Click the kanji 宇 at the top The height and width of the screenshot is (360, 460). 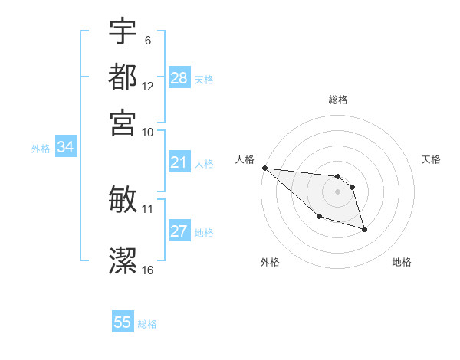pyautogui.click(x=123, y=32)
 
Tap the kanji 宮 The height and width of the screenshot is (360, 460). pyautogui.click(x=123, y=123)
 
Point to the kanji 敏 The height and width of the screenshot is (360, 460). pyautogui.click(x=123, y=199)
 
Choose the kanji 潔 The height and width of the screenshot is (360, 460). pyautogui.click(x=123, y=260)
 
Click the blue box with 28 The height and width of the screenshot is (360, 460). pyautogui.click(x=179, y=78)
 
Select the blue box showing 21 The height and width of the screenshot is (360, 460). pyautogui.click(x=179, y=162)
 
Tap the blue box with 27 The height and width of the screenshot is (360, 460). pyautogui.click(x=179, y=231)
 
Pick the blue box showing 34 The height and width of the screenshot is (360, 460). pyautogui.click(x=65, y=148)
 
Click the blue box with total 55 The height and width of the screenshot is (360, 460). pyautogui.click(x=123, y=322)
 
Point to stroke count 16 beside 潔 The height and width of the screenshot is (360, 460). pyautogui.click(x=148, y=270)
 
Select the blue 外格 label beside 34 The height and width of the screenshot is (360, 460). pyautogui.click(x=41, y=149)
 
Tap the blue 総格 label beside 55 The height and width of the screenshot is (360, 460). pyautogui.click(x=147, y=324)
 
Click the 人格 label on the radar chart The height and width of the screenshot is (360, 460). pyautogui.click(x=245, y=159)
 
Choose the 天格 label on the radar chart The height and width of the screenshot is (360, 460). pyautogui.click(x=431, y=159)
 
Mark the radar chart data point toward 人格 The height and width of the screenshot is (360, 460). pyautogui.click(x=264, y=168)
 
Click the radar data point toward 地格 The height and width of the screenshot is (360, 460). pyautogui.click(x=364, y=229)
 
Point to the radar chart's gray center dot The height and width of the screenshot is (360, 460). pyautogui.click(x=337, y=191)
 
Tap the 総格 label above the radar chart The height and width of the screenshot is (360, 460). pyautogui.click(x=338, y=100)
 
